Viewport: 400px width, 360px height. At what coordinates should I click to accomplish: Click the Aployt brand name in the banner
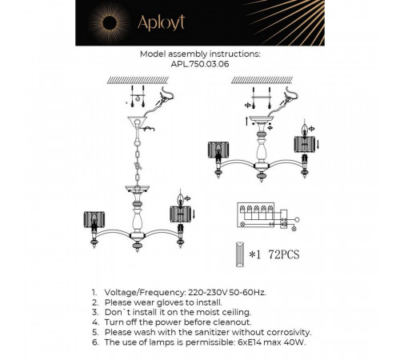pos(161,22)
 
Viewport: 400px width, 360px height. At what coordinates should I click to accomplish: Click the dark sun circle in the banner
pos(110,23)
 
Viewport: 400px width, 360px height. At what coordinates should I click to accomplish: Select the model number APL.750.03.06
pos(200,64)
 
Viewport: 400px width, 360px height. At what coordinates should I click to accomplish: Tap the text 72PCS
pos(284,254)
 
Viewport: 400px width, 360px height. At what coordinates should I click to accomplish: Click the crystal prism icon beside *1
pos(240,254)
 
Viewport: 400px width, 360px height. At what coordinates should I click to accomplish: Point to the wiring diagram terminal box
pos(256,215)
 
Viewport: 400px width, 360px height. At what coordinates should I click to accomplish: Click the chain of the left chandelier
pos(138,162)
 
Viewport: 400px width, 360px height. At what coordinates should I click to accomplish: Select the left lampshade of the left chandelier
pos(94,219)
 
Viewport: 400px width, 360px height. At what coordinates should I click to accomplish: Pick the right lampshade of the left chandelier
pos(180,214)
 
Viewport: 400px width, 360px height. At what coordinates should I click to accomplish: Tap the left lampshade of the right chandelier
pos(218,150)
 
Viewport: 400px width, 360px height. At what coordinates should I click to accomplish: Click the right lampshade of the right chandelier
pos(305,145)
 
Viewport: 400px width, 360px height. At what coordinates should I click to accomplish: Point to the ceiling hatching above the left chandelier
pos(138,80)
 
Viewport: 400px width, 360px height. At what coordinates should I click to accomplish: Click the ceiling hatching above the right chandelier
pos(262,80)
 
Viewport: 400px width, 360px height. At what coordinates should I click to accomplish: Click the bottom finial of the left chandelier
pos(138,246)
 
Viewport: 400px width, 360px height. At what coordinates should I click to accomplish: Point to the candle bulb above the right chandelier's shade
pos(305,130)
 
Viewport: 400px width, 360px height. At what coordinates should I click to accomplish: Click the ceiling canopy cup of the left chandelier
pos(137,122)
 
